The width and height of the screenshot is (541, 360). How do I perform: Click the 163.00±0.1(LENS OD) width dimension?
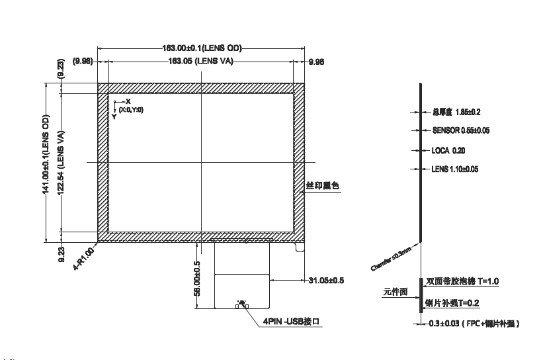click(x=202, y=48)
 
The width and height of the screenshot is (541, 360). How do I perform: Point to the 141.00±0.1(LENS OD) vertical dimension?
click(x=46, y=163)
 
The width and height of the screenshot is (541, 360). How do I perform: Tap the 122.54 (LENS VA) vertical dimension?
click(x=60, y=163)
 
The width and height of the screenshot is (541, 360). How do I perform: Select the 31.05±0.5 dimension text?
click(x=326, y=280)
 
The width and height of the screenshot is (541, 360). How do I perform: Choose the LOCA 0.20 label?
click(x=448, y=150)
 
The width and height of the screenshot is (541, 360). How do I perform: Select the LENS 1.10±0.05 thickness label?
click(x=454, y=169)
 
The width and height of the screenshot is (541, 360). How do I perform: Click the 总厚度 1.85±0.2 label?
click(x=456, y=112)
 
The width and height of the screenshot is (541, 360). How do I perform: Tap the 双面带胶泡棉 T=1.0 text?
click(x=462, y=281)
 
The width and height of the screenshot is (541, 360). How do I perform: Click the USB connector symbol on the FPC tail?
click(x=243, y=304)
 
